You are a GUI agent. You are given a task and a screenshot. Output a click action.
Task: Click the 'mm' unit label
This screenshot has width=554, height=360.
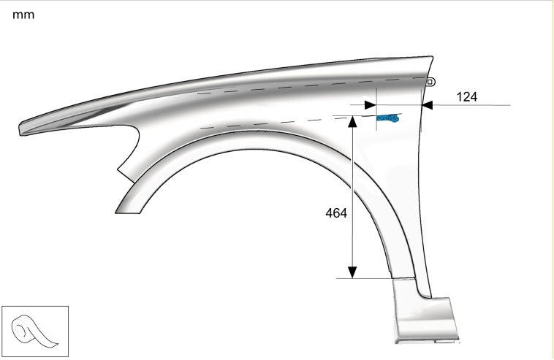click(23, 15)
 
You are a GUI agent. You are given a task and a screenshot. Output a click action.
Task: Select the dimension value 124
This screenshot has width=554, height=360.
click(467, 96)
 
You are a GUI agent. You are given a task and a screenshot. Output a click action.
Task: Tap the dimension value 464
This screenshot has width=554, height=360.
click(336, 213)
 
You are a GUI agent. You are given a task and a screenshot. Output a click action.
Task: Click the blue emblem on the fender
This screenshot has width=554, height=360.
click(388, 118)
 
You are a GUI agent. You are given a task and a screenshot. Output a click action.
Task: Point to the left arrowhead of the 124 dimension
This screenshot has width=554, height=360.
click(371, 105)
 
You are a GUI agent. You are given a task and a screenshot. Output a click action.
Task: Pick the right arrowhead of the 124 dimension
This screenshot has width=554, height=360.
click(428, 105)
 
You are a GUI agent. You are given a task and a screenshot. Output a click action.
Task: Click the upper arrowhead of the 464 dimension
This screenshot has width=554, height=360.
click(352, 121)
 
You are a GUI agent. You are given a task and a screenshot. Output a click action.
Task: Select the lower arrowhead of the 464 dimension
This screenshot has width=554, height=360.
click(352, 272)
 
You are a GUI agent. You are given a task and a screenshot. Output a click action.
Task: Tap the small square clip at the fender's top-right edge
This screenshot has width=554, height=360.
click(430, 83)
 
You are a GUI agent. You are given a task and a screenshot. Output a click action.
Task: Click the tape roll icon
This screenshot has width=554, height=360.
click(35, 331)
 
